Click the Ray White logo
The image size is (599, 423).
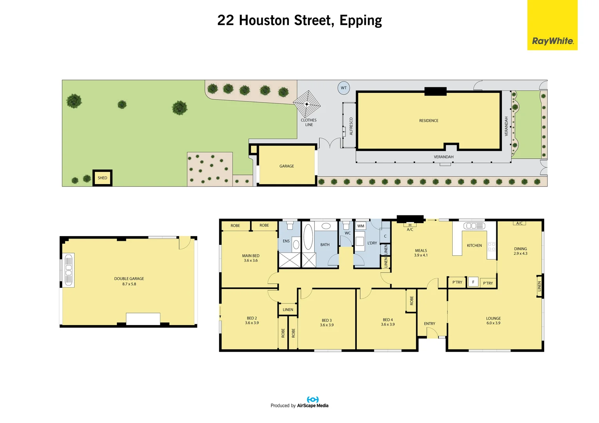552,25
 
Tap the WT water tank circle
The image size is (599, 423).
344,88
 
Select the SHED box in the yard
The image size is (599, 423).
102,178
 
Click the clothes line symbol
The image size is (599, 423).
307,104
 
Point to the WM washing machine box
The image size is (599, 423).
361,226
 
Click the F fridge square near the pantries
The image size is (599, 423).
473,282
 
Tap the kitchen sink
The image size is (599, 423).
474,226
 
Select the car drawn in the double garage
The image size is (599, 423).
69,269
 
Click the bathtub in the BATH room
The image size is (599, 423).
308,237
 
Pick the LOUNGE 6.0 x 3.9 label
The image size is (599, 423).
494,321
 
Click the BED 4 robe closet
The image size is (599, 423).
411,301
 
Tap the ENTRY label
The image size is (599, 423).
430,324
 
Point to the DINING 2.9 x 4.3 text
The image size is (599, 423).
520,251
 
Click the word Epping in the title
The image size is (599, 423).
361,21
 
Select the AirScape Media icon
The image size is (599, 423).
312,399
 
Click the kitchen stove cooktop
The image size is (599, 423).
492,247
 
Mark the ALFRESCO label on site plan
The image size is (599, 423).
351,126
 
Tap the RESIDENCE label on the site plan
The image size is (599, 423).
428,121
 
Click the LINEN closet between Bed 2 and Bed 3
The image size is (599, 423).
288,309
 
